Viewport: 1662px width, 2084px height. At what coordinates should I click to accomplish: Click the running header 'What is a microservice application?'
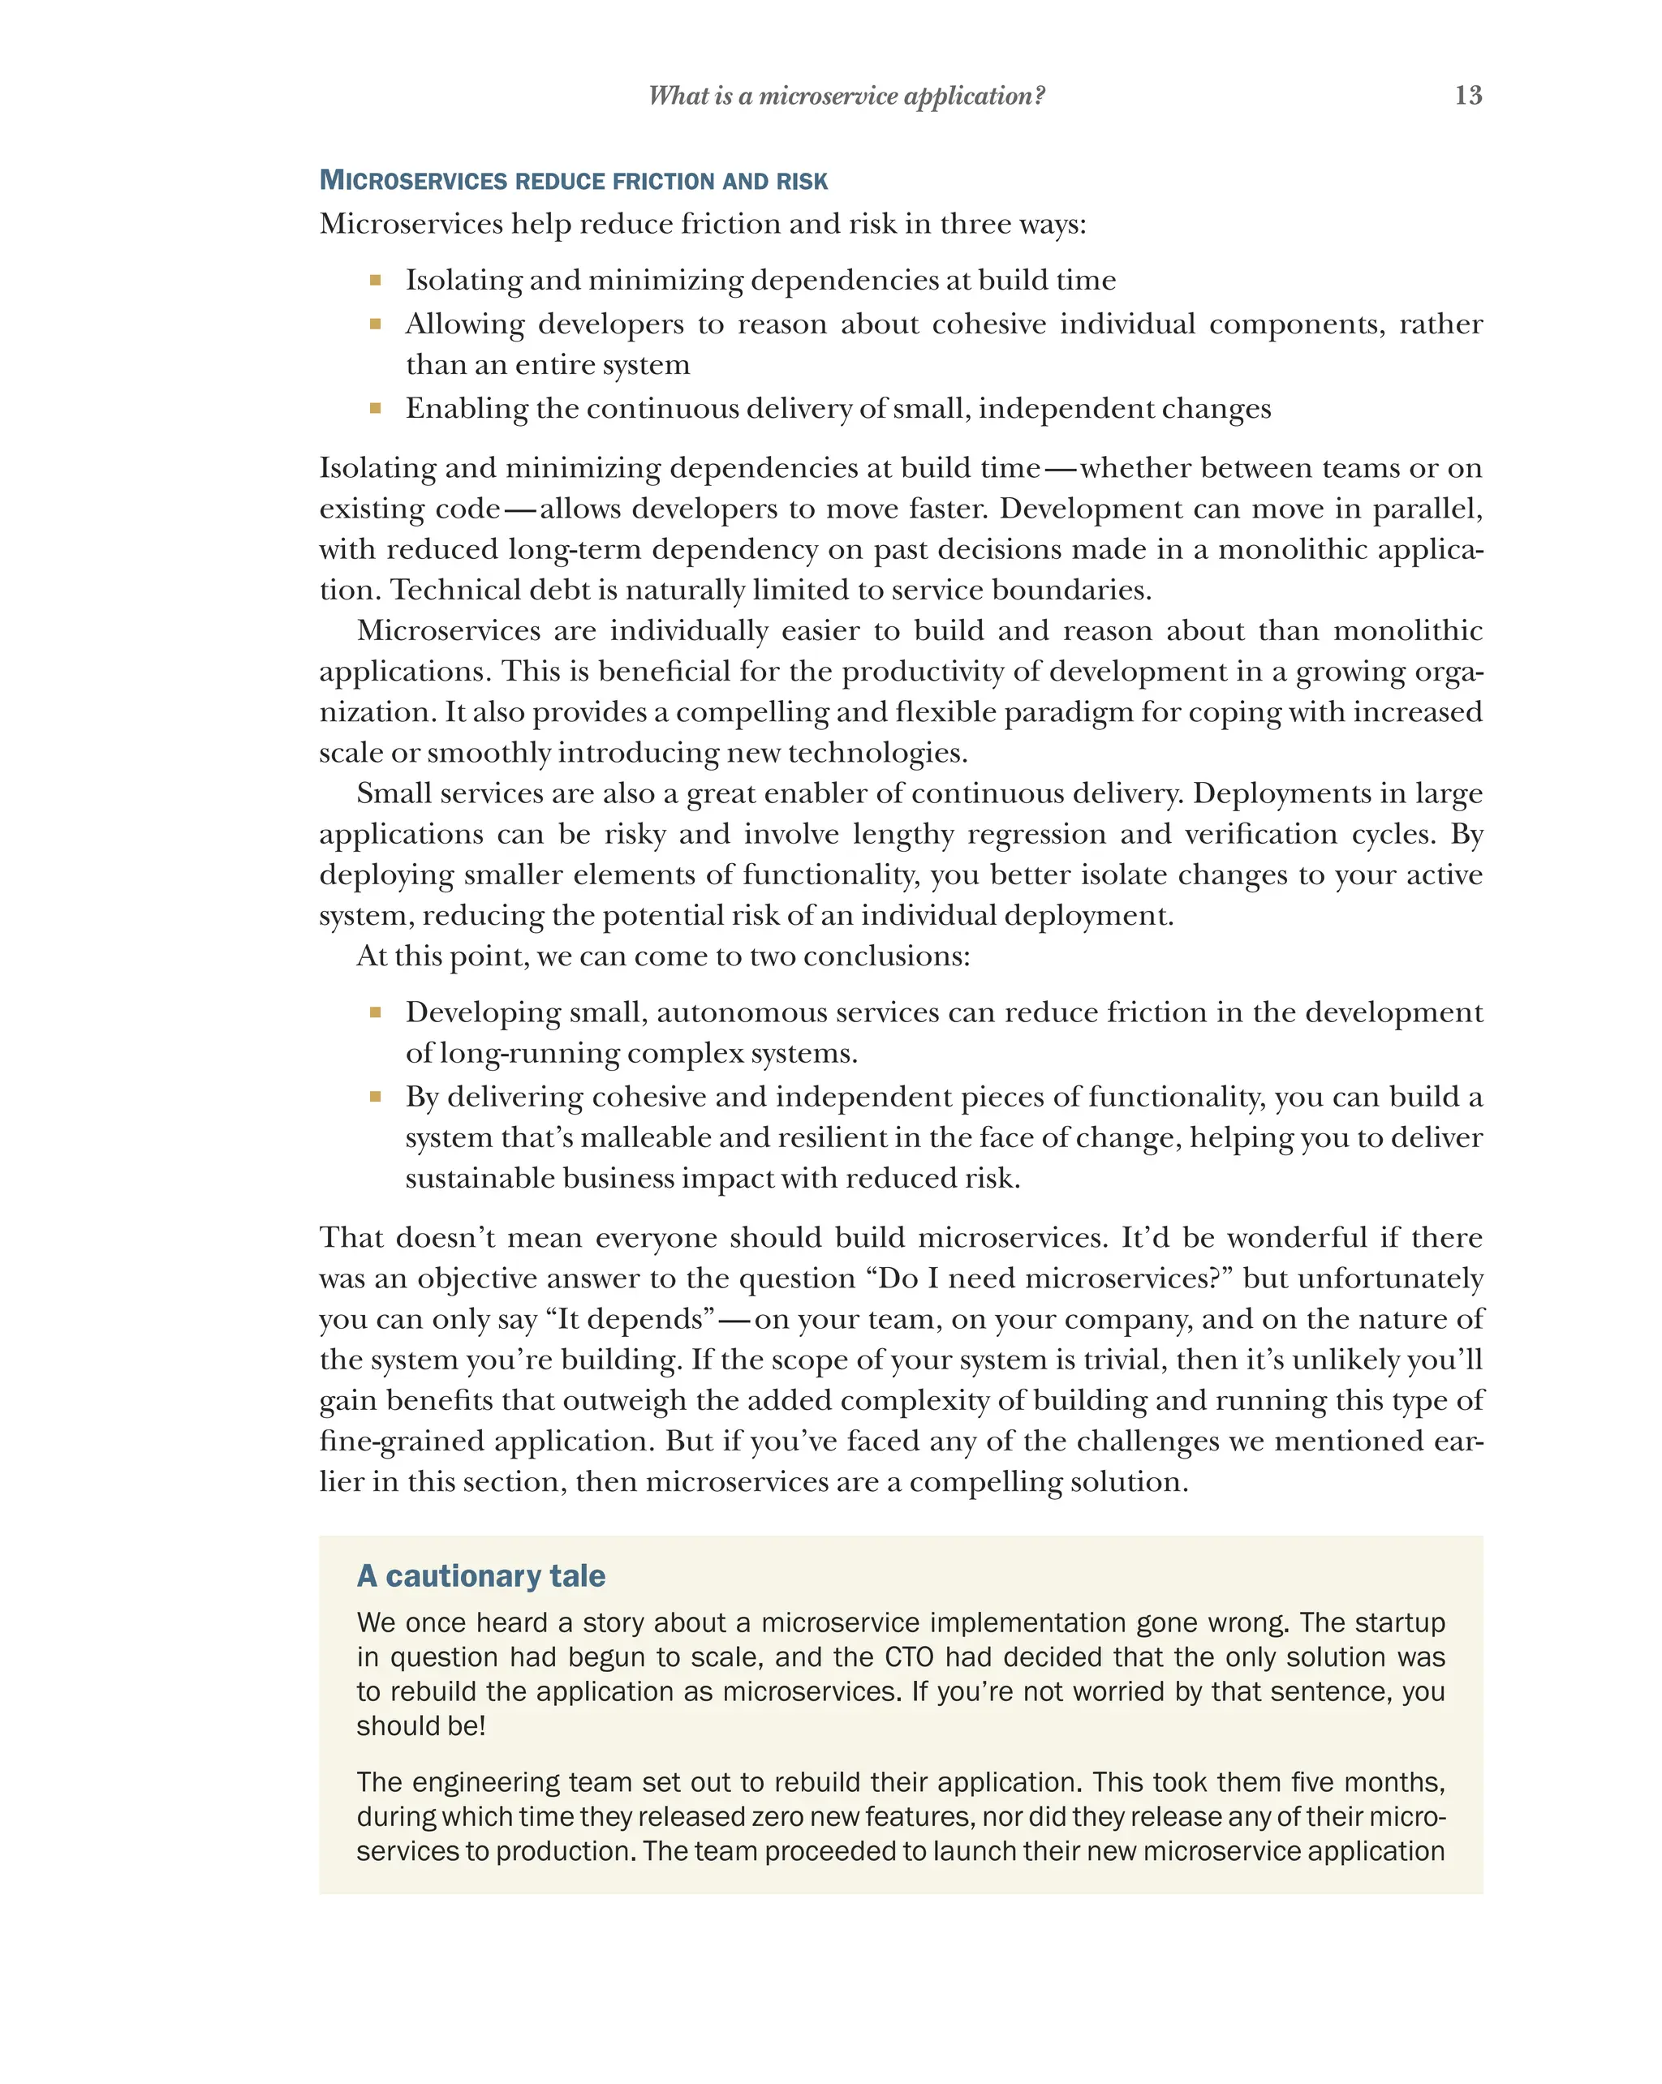(x=846, y=96)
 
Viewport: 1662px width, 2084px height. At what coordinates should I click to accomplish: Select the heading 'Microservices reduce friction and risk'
(x=573, y=181)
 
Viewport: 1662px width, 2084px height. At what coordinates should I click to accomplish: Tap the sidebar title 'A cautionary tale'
(x=480, y=1575)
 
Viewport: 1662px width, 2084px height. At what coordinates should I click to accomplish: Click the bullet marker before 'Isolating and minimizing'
(x=375, y=281)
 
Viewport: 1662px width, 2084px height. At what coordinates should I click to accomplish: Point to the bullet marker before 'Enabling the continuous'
(x=375, y=409)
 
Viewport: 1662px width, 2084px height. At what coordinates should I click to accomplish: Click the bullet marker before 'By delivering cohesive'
(x=375, y=1097)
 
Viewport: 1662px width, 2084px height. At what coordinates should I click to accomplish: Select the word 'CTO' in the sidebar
(x=909, y=1656)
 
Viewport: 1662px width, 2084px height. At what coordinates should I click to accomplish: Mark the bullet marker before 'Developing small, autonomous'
(x=375, y=1013)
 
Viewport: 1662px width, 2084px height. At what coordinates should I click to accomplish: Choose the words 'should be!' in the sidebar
(x=420, y=1725)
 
